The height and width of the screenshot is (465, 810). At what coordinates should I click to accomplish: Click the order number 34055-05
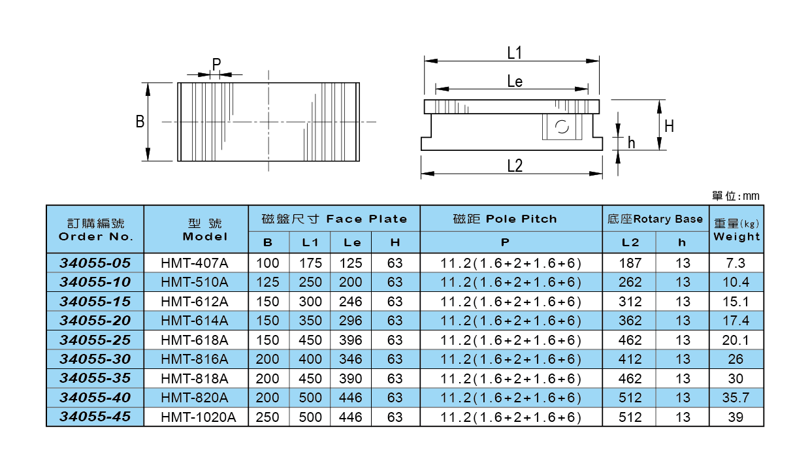pyautogui.click(x=95, y=263)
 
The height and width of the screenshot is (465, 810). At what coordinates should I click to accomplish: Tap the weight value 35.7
pyautogui.click(x=736, y=398)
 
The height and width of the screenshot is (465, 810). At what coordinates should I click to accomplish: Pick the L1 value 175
pyautogui.click(x=310, y=263)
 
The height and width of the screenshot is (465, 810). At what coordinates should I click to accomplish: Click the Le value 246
pyautogui.click(x=351, y=302)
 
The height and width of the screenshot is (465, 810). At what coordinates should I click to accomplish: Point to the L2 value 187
pyautogui.click(x=630, y=263)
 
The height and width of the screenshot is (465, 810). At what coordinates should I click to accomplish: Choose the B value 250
pyautogui.click(x=268, y=417)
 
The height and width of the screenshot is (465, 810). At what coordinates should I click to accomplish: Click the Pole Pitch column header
pyautogui.click(x=505, y=219)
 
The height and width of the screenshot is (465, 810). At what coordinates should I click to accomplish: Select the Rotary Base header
pyautogui.click(x=655, y=219)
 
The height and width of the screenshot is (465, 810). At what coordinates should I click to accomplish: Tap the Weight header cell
pyautogui.click(x=736, y=230)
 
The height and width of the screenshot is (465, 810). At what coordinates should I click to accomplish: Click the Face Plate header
pyautogui.click(x=334, y=219)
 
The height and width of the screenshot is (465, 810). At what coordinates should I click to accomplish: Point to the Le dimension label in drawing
pyautogui.click(x=515, y=81)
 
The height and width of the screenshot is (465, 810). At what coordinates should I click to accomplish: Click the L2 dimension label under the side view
pyautogui.click(x=515, y=165)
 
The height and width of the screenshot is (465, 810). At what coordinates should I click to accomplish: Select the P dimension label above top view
pyautogui.click(x=216, y=64)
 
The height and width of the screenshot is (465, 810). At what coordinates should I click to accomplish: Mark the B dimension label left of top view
pyautogui.click(x=140, y=121)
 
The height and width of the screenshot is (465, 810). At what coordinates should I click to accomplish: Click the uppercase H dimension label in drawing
pyautogui.click(x=669, y=126)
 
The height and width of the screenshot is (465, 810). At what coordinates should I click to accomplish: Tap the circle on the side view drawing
pyautogui.click(x=560, y=127)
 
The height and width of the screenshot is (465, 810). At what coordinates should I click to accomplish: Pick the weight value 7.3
pyautogui.click(x=736, y=263)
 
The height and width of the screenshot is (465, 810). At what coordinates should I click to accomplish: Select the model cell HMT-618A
pyautogui.click(x=195, y=340)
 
